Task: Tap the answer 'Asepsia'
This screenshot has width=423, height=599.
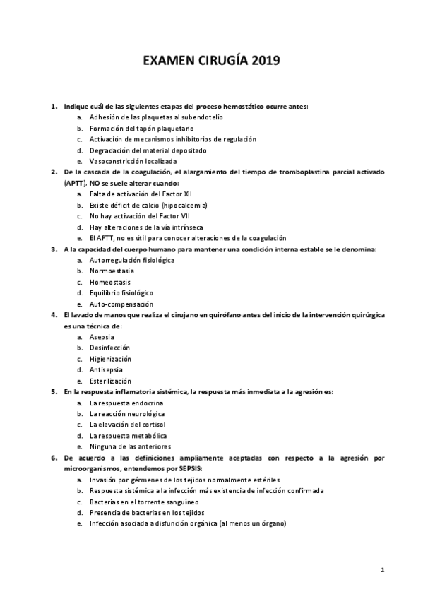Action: point(102,337)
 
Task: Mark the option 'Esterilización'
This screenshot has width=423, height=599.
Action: point(110,381)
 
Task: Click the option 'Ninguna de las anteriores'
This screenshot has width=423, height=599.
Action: point(129,446)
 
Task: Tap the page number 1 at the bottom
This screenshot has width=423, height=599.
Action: point(381,569)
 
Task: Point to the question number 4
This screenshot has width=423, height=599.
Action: point(54,315)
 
